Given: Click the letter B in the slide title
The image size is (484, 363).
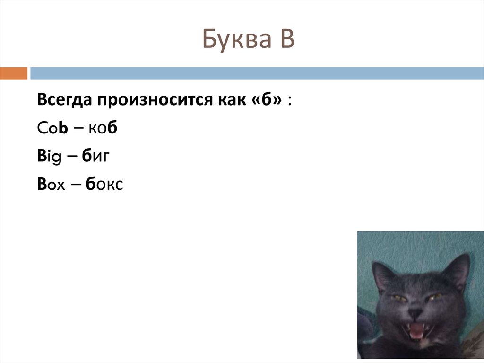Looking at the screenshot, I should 286,40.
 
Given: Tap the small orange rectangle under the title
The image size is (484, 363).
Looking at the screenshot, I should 14,73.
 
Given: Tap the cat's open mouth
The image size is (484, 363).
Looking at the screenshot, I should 416,331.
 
